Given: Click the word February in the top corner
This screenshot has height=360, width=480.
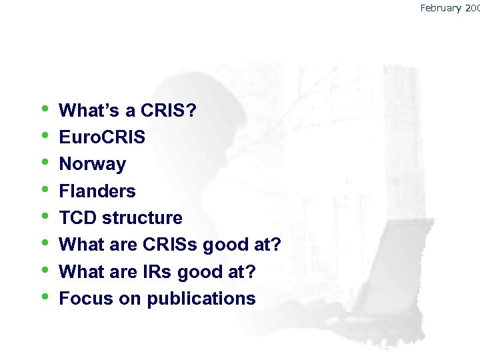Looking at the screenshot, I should (x=441, y=8).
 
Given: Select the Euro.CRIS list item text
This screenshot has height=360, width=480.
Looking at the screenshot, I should (x=102, y=137).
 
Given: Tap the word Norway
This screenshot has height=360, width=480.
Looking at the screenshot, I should (x=92, y=164).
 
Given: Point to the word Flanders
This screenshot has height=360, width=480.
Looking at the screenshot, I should (x=97, y=191).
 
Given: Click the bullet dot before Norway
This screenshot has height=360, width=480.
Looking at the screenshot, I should (x=44, y=162).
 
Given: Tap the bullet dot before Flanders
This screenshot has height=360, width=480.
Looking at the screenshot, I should (x=44, y=189).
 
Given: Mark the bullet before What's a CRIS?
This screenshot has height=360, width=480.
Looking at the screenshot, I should (x=44, y=109).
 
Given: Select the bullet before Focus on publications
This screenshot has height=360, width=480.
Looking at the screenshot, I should (x=44, y=297).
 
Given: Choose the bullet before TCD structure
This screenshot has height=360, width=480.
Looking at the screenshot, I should (x=44, y=216).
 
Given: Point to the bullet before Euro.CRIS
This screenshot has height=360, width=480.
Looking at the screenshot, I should (x=44, y=135).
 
